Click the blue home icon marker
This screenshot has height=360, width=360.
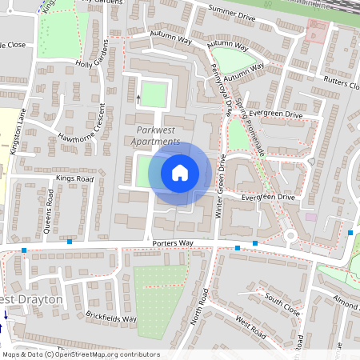179,173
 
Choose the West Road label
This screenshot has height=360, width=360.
250,328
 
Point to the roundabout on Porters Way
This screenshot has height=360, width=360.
290,236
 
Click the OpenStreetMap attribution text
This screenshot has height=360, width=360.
81,354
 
